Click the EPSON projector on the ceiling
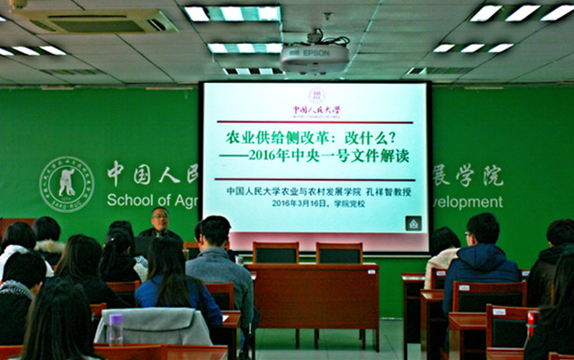(314, 57)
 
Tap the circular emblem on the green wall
(66, 184)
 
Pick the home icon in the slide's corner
(413, 223)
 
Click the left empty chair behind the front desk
(276, 254)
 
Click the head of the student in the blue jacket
(482, 228)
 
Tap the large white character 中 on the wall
(115, 173)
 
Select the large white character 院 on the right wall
(490, 174)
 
